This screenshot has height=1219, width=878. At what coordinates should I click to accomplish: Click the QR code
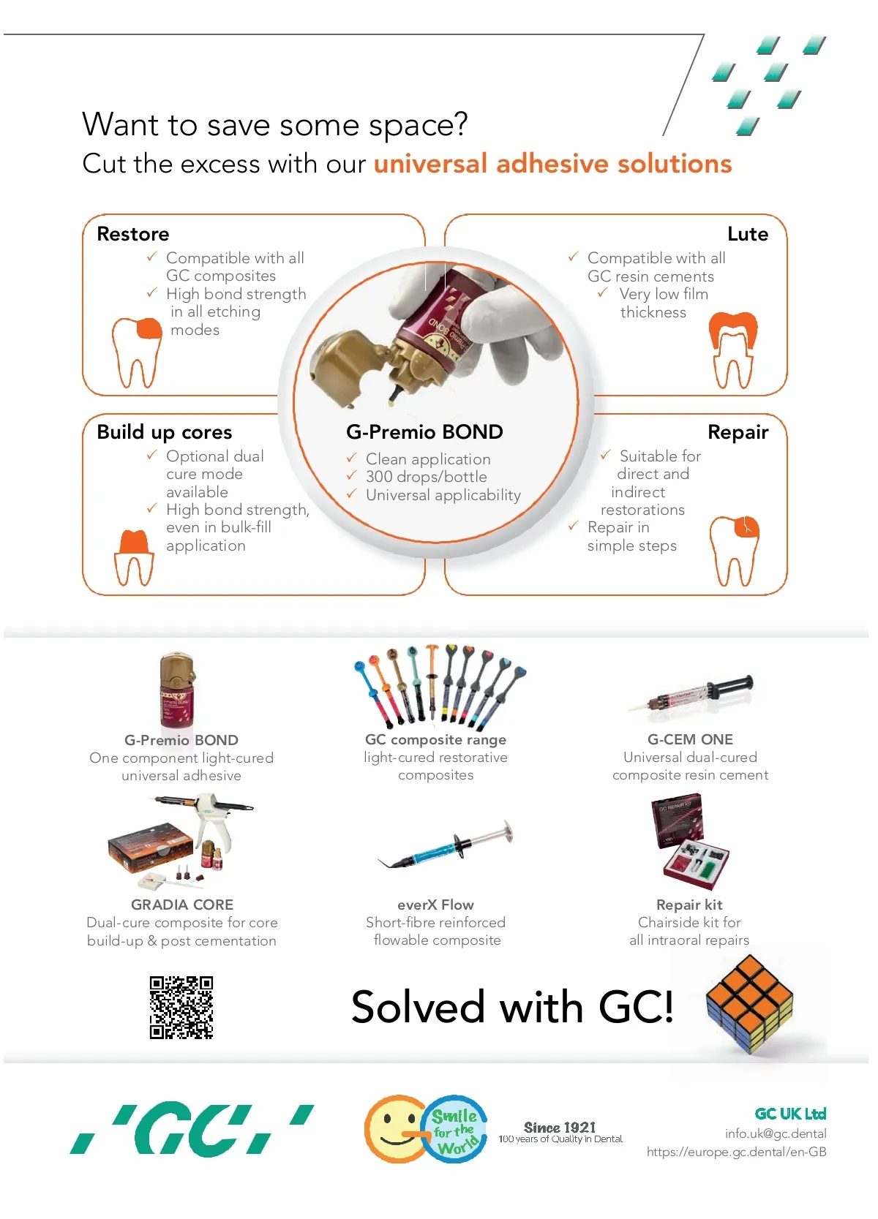click(x=181, y=1008)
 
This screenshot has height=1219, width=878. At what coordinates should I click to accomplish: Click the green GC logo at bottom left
click(x=192, y=1128)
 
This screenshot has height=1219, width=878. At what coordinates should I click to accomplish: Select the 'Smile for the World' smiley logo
click(x=425, y=1128)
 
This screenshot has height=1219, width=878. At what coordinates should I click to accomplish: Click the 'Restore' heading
click(x=133, y=234)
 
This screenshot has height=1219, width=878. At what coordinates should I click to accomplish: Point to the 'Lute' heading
click(x=748, y=234)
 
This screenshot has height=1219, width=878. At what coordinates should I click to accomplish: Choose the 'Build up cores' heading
click(x=165, y=432)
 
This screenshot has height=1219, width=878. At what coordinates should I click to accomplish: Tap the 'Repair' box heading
click(x=738, y=432)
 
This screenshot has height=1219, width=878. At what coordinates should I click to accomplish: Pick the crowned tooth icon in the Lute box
click(x=733, y=350)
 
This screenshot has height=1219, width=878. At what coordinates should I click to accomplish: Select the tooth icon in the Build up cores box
click(x=134, y=558)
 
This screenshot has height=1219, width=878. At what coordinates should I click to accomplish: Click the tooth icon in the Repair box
click(x=734, y=551)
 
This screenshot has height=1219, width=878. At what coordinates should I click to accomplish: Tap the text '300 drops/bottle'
click(x=427, y=477)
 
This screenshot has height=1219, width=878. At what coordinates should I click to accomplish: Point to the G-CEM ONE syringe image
click(x=691, y=693)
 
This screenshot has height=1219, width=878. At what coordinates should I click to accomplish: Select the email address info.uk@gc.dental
click(x=776, y=1133)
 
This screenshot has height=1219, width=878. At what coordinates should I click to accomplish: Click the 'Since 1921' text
click(x=560, y=1127)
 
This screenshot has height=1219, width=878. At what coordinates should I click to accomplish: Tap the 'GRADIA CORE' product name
click(x=182, y=905)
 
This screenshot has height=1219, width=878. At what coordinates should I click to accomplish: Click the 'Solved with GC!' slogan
click(x=512, y=1007)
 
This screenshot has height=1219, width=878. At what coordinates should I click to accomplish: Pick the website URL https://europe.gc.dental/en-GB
click(x=736, y=1152)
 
